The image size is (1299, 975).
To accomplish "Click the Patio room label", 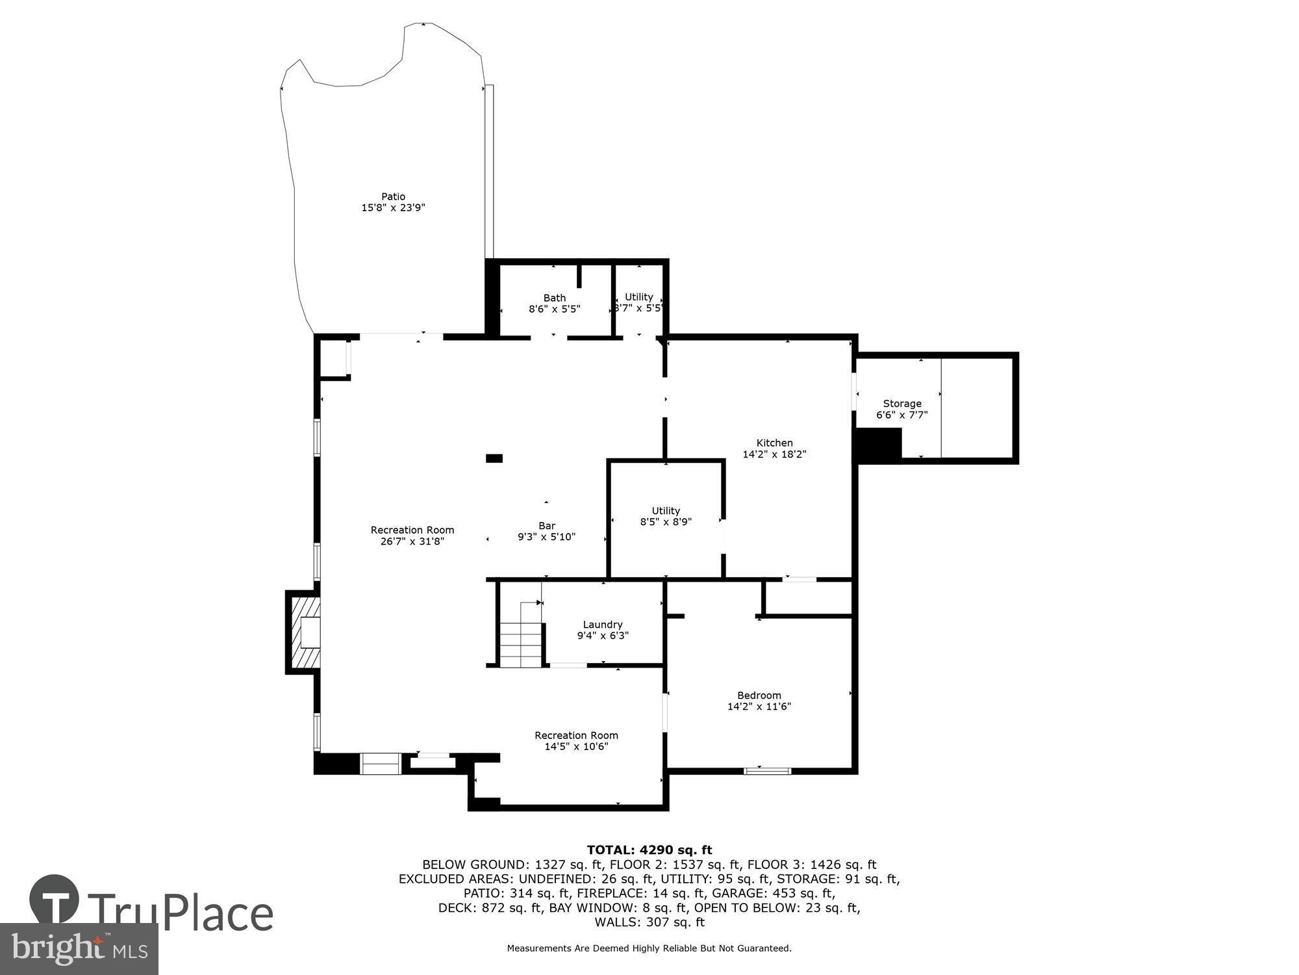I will click(x=393, y=196).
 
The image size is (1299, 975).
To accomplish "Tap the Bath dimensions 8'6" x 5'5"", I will click(x=554, y=309).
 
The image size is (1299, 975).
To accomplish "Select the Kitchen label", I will click(x=774, y=443).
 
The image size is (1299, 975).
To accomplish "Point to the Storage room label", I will click(x=902, y=404).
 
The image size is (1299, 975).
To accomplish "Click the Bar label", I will click(x=546, y=526).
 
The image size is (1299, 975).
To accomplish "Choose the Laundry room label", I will click(x=603, y=625).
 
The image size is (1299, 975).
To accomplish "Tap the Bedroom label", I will click(x=759, y=695).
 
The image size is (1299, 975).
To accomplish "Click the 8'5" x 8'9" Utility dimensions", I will click(x=666, y=521).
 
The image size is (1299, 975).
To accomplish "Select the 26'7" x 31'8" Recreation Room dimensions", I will click(x=412, y=541).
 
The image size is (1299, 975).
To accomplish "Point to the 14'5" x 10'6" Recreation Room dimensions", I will click(x=576, y=746).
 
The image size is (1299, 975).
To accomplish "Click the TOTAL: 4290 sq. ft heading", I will click(x=649, y=850).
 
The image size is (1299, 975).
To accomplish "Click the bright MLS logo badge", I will click(x=79, y=949).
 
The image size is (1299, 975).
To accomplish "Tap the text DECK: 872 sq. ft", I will click(x=490, y=907).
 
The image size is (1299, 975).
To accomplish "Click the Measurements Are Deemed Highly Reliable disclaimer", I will click(x=649, y=948).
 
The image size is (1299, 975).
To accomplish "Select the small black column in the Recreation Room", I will click(x=494, y=458).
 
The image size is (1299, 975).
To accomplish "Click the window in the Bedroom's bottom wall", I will click(x=767, y=771).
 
